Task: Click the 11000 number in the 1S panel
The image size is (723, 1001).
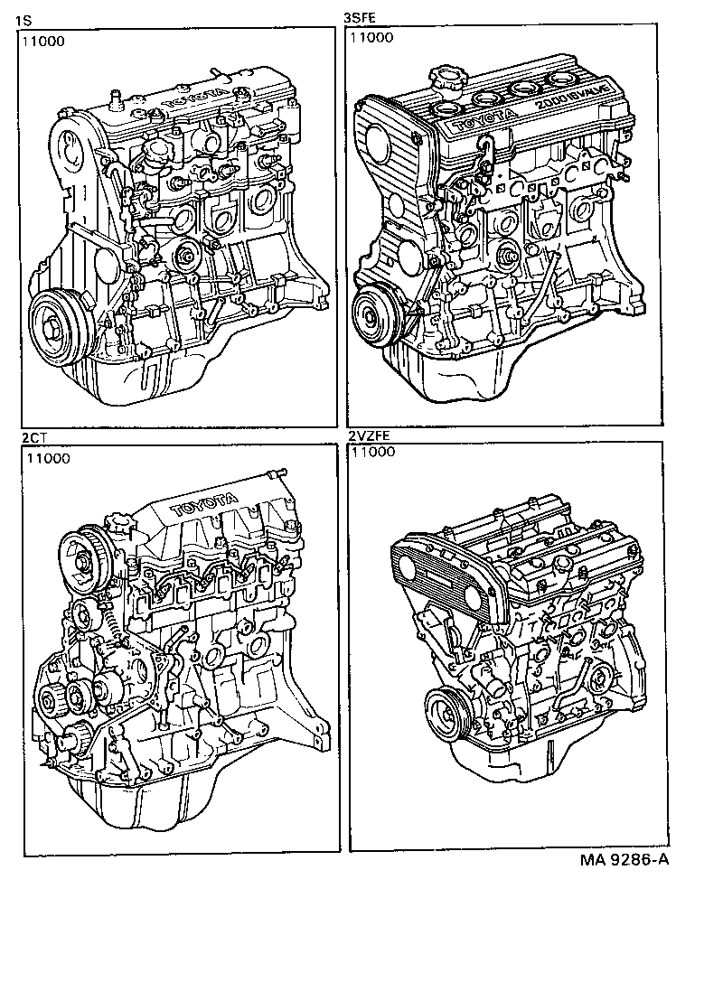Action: point(44,40)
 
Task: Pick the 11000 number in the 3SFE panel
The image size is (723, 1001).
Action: point(371,38)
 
